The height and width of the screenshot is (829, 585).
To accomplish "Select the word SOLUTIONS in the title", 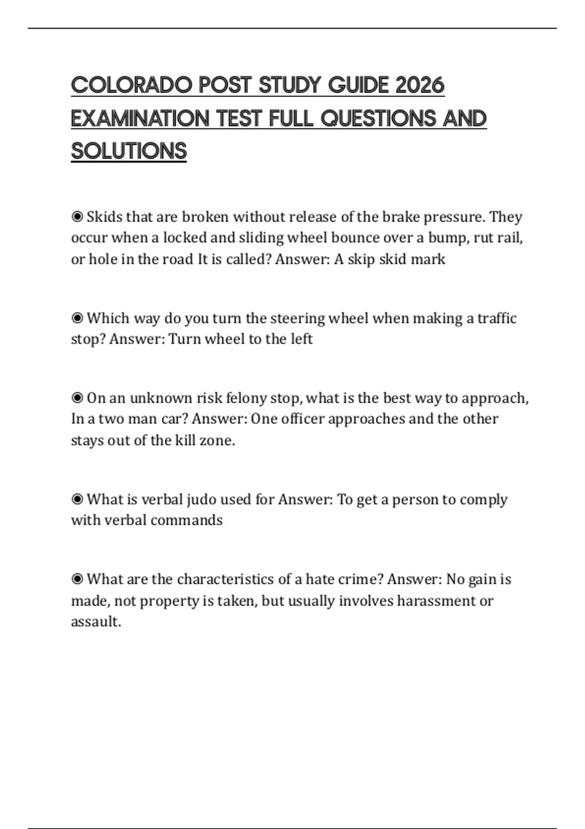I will tap(129, 151).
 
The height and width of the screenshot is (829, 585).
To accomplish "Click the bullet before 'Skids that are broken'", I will tap(77, 217).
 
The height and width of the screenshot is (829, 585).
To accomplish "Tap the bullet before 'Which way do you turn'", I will tap(77, 318).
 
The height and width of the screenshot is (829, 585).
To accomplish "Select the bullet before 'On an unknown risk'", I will tap(77, 398).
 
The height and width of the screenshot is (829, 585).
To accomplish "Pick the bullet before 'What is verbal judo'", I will tap(77, 499).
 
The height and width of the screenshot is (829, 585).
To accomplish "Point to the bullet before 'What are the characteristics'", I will tap(77, 579).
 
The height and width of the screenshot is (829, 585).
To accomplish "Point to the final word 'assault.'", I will tap(96, 622).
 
